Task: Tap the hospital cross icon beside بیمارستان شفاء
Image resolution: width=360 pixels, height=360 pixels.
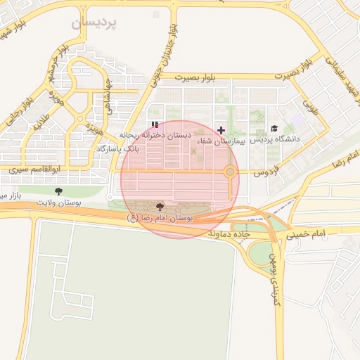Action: [221, 130]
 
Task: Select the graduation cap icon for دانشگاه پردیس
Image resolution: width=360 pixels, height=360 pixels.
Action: [274, 128]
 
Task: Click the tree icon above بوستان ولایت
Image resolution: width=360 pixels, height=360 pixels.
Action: [58, 191]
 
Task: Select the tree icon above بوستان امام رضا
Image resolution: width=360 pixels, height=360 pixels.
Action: [160, 207]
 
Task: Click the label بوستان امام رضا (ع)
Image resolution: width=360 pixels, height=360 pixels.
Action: [160, 219]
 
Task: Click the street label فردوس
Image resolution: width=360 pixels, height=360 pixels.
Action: [267, 171]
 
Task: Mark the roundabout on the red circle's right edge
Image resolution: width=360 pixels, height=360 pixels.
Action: [230, 172]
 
